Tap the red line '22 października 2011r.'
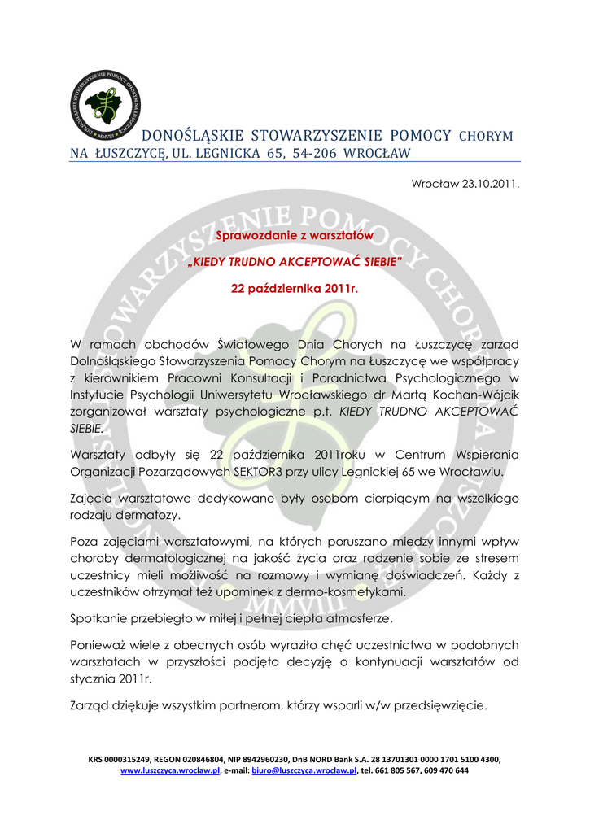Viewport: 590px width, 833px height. click(x=295, y=288)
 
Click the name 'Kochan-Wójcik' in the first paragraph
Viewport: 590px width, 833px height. click(x=480, y=395)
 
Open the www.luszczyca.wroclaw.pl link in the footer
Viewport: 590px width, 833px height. click(x=170, y=770)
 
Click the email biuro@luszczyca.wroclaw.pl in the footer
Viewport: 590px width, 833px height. click(x=304, y=770)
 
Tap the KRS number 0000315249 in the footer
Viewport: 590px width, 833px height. click(x=139, y=759)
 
